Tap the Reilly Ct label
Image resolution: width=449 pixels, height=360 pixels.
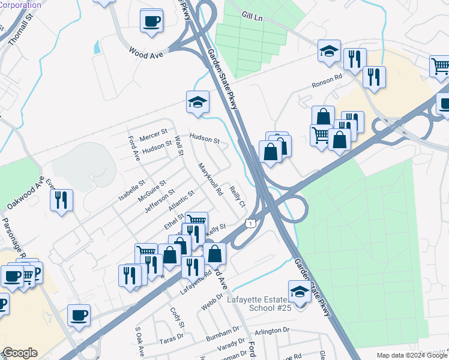[238, 197]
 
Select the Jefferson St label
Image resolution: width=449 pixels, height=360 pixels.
[159, 200]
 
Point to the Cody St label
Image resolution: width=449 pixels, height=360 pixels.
[176, 315]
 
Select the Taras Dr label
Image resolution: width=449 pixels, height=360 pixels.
[167, 340]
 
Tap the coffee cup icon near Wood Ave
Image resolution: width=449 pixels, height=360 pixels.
[151, 22]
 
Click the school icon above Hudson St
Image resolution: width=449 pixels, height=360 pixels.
[197, 103]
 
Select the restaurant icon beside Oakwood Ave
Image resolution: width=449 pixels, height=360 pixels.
[61, 201]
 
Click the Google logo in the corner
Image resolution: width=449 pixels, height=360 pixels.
[20, 352]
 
